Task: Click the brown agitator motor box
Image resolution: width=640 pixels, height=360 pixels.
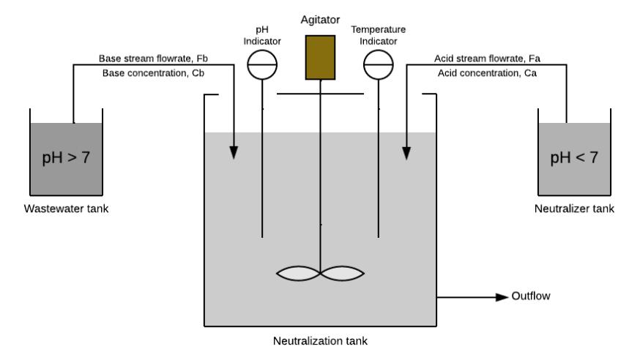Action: pos(321,58)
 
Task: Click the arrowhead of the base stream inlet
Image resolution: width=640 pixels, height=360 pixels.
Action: pos(234,152)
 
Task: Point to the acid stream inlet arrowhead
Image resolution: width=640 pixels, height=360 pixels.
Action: pos(406,153)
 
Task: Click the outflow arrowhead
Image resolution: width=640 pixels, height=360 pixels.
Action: pos(502,297)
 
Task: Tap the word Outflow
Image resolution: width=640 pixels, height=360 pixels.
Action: pos(531,296)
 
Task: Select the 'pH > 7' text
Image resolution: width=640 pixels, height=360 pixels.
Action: pos(66,158)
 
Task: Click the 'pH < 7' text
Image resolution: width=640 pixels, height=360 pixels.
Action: pos(574,158)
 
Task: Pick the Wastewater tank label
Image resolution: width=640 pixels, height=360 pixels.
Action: pos(66,209)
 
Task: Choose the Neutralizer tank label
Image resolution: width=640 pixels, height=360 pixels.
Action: pos(574,209)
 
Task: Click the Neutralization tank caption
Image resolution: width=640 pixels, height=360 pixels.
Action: pos(320,341)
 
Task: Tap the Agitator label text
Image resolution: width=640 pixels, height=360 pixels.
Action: pos(321,20)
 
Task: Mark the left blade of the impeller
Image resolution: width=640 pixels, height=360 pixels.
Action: pos(298,274)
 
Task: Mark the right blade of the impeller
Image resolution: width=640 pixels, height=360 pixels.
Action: pos(342,274)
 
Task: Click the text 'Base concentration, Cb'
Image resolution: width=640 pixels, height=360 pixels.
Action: pos(153,73)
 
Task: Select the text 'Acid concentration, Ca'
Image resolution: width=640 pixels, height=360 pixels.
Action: pos(487,73)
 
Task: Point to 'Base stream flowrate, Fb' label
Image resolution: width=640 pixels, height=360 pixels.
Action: pos(153,59)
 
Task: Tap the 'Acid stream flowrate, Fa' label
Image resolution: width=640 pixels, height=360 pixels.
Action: pos(487,59)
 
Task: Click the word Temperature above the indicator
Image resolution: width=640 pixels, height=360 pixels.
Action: pos(379,30)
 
